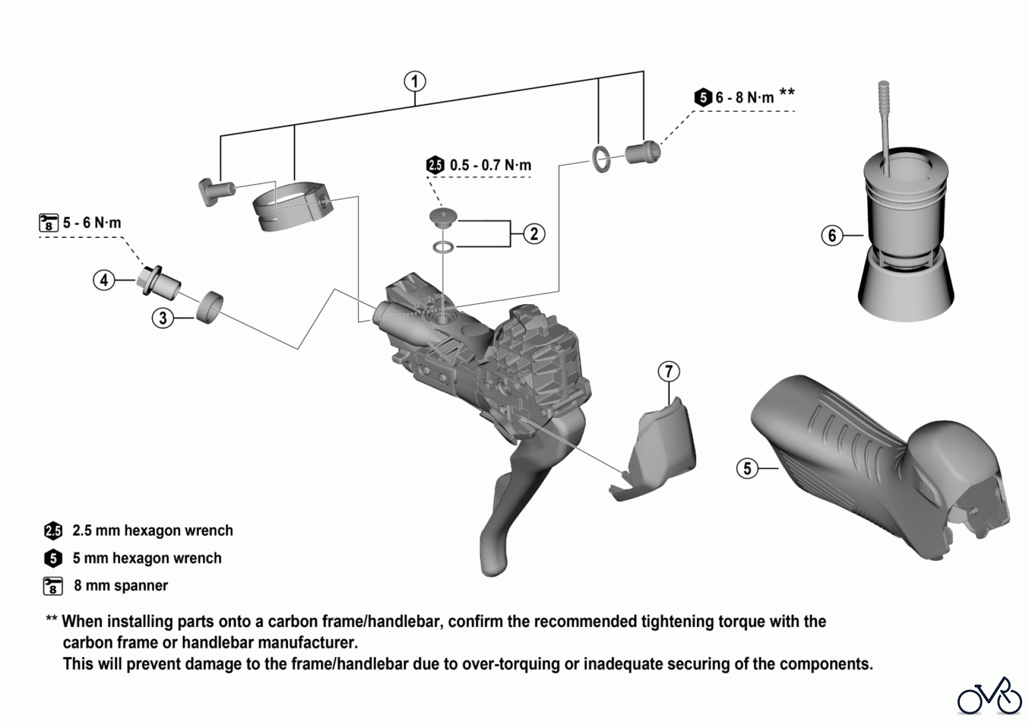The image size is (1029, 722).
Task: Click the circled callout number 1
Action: click(x=415, y=82)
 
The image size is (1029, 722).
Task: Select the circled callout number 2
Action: click(x=534, y=234)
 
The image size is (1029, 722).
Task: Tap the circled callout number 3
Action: click(x=163, y=318)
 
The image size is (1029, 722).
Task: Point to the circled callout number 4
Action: click(x=104, y=281)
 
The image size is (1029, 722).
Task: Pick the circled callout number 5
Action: click(x=747, y=469)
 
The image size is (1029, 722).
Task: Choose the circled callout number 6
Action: click(x=832, y=235)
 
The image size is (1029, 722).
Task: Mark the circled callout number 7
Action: click(x=669, y=372)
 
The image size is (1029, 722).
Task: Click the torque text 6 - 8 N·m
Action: click(x=744, y=98)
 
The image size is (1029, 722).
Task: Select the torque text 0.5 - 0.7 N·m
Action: click(x=490, y=166)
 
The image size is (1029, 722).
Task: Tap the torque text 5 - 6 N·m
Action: click(x=91, y=223)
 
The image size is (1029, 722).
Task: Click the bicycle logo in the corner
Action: click(x=990, y=696)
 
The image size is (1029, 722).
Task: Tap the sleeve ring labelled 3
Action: click(x=209, y=306)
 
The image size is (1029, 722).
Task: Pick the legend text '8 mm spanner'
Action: click(x=121, y=586)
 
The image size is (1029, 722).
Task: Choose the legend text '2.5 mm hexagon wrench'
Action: click(x=153, y=531)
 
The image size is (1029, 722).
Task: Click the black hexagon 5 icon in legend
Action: click(x=53, y=559)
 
